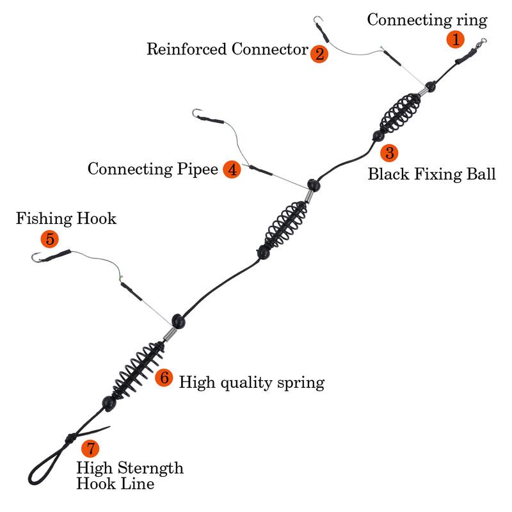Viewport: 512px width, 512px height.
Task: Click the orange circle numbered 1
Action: tap(456, 39)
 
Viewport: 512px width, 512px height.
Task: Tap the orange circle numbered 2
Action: tap(319, 54)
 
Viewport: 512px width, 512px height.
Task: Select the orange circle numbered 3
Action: tap(389, 152)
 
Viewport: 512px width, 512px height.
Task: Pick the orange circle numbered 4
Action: tap(232, 169)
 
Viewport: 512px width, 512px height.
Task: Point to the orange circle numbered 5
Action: tap(50, 239)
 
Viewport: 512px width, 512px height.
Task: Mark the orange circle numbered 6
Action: tap(164, 378)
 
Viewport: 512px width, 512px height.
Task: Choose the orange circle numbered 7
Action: tap(90, 448)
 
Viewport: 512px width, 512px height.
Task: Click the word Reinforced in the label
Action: tap(186, 49)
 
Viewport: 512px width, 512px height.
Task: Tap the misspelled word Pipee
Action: tap(198, 170)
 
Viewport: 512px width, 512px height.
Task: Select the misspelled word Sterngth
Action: tap(150, 468)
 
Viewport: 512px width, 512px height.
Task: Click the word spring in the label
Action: tap(301, 383)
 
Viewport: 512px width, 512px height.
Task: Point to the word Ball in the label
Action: tap(481, 173)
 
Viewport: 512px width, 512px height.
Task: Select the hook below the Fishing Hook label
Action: tap(36, 257)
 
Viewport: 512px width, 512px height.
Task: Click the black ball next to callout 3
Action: tap(378, 136)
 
